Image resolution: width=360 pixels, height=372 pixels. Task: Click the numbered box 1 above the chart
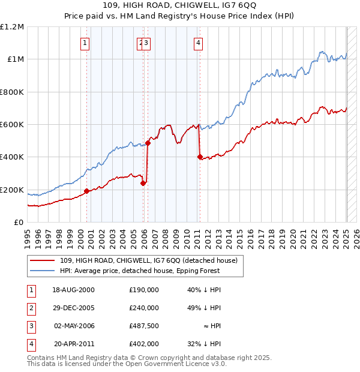point(85,43)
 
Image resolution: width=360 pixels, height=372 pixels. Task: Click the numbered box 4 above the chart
point(198,43)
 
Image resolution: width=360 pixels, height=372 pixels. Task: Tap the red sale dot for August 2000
point(87,191)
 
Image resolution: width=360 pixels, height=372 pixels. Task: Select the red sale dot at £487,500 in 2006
point(148,143)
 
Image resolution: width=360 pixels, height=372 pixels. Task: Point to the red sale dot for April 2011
point(200,157)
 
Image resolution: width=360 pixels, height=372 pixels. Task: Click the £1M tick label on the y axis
point(14,59)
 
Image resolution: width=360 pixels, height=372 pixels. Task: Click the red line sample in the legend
point(43,260)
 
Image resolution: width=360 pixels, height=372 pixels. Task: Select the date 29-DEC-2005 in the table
point(73,308)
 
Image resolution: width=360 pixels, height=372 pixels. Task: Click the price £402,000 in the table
point(144,344)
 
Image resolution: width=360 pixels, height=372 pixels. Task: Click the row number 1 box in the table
point(30,290)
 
